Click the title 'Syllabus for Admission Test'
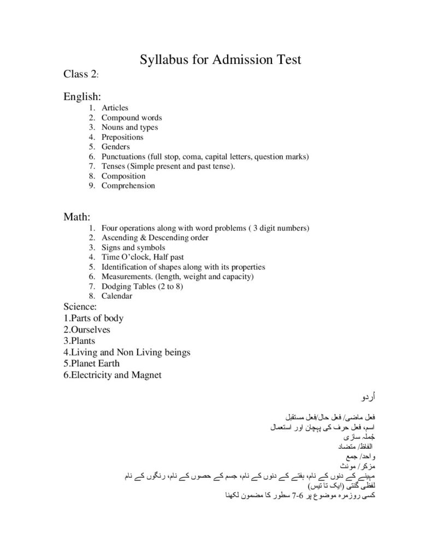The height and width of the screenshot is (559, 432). click(x=221, y=60)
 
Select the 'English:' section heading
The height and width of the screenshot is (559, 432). click(x=82, y=97)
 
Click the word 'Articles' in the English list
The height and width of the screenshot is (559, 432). click(x=115, y=108)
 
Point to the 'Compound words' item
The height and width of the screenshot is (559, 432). click(x=132, y=118)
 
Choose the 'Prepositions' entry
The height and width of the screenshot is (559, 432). click(x=122, y=137)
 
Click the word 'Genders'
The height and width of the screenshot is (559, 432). click(x=115, y=147)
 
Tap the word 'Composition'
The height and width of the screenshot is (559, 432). click(x=123, y=176)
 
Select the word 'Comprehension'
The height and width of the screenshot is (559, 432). click(x=128, y=186)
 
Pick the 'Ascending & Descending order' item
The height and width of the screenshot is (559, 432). click(x=155, y=238)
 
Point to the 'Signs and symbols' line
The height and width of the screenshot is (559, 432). click(x=133, y=248)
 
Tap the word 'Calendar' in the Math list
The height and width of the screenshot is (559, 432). click(x=117, y=296)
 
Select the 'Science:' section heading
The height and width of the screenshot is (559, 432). click(x=80, y=307)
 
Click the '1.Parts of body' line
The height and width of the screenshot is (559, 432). click(x=93, y=318)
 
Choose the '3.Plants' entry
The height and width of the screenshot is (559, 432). click(x=79, y=341)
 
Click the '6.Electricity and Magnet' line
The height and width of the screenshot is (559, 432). click(x=113, y=375)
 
